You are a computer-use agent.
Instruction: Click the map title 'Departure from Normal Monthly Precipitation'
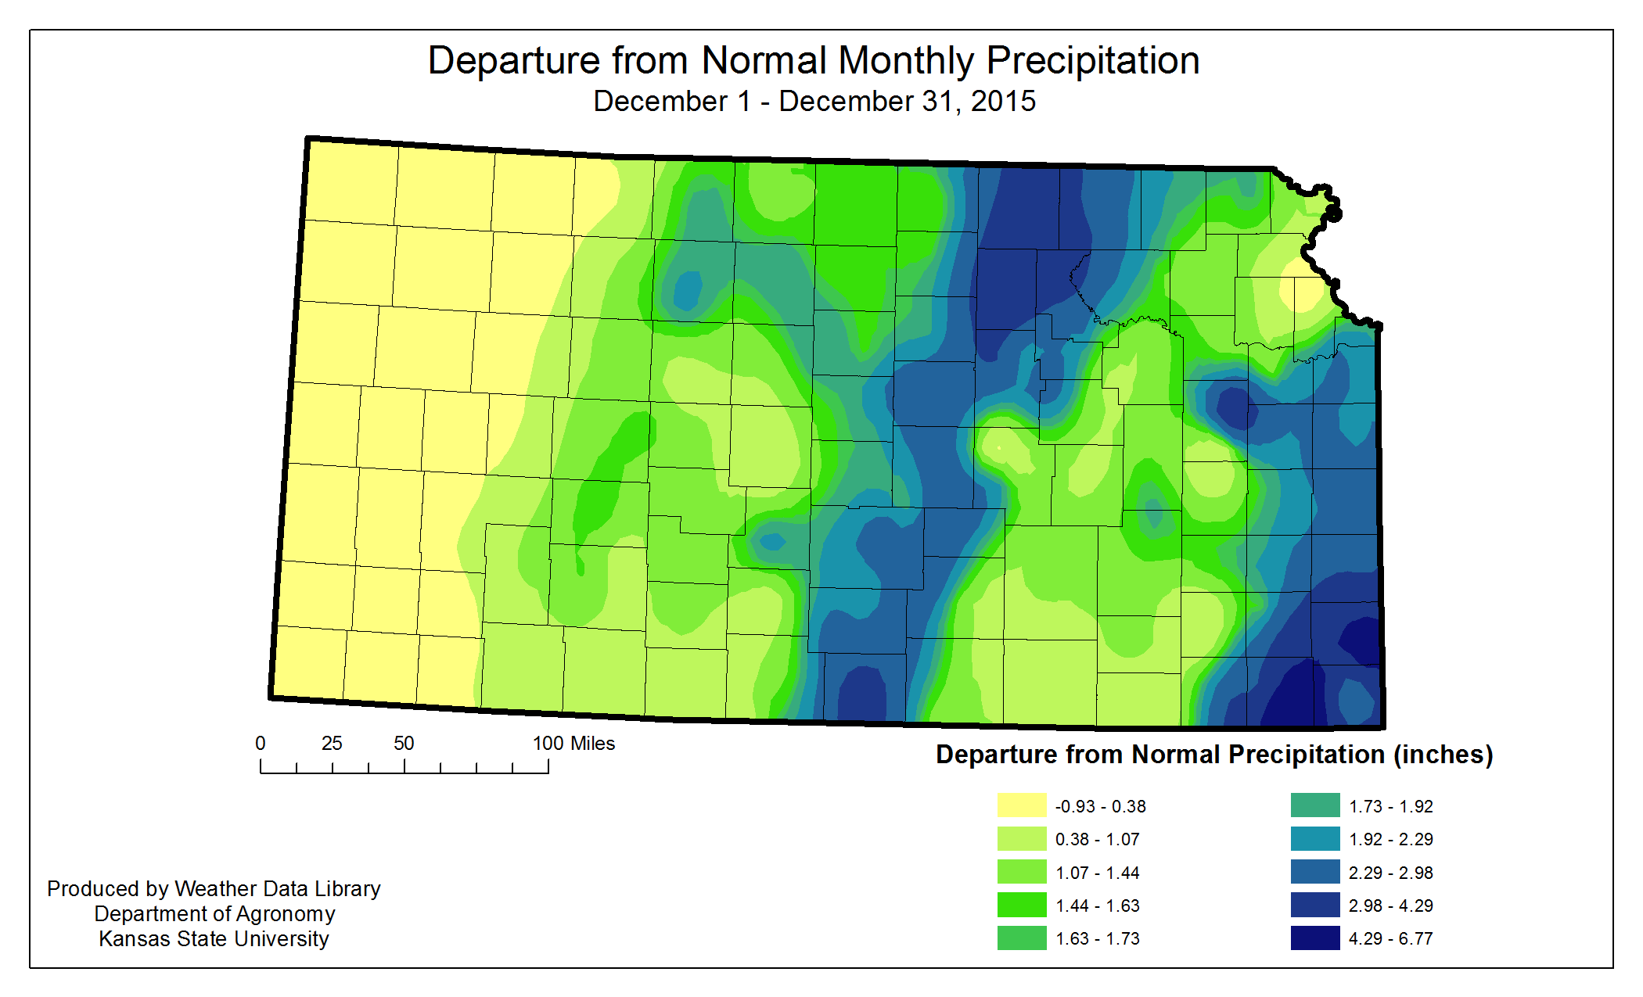click(814, 61)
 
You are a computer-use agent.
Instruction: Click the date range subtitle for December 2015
click(814, 102)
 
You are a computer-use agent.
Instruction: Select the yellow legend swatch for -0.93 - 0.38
click(1021, 805)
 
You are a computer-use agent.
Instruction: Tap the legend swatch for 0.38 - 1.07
click(1021, 839)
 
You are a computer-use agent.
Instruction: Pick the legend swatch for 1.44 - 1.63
click(1021, 905)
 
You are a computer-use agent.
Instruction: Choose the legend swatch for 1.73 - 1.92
click(1315, 805)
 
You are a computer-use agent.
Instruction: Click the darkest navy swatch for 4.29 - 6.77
click(1315, 938)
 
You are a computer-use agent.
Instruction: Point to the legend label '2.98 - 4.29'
click(1390, 906)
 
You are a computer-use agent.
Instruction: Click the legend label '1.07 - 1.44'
click(1097, 873)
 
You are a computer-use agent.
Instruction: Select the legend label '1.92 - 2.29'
click(1390, 839)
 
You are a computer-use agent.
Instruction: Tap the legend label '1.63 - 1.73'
click(1097, 938)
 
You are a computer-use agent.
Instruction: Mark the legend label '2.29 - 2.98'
click(1390, 873)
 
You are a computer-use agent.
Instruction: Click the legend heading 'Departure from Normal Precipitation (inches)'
click(1214, 755)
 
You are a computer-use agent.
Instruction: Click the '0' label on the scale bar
click(261, 744)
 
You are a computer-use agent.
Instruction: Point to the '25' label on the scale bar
click(332, 744)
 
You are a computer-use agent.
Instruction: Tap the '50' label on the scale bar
click(404, 744)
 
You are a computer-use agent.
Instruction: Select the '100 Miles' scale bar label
click(573, 744)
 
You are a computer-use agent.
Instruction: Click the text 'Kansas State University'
click(214, 938)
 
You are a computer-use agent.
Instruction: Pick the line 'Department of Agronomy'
click(214, 913)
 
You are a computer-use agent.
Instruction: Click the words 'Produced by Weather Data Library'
click(214, 888)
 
